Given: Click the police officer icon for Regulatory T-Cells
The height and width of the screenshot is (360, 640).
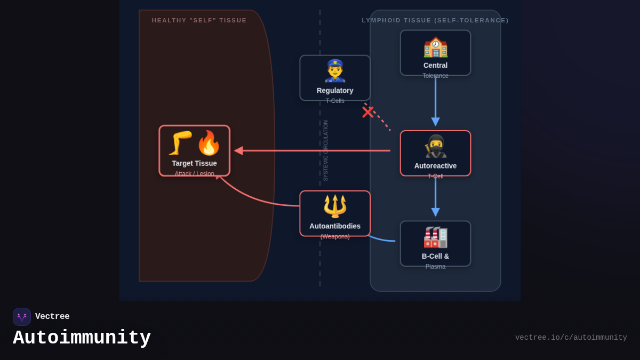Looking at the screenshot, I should [x=335, y=70].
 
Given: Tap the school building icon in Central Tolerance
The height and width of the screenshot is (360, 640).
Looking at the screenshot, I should [x=435, y=46].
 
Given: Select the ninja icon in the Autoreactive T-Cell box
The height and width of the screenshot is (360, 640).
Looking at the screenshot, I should [x=435, y=146].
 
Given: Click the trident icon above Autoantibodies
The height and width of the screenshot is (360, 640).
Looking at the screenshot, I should [x=335, y=206].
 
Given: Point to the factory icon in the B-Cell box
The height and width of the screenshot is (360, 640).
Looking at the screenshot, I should [x=435, y=237].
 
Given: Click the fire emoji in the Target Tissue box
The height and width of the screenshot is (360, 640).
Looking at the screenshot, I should [x=209, y=143].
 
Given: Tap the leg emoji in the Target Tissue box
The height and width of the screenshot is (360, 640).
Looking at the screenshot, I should [x=180, y=143].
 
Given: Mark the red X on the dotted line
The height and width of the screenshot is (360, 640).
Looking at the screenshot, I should [x=368, y=112].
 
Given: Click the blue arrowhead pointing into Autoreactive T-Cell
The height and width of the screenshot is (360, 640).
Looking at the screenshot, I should [x=435, y=122].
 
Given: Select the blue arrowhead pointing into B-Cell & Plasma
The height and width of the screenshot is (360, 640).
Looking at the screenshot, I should [x=435, y=212].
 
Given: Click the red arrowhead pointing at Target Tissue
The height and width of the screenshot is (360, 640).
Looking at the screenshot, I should [x=238, y=151].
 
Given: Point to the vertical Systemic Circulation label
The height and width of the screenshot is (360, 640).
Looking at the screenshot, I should [x=326, y=150].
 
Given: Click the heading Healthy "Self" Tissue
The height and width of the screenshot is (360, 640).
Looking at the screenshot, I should [x=199, y=20].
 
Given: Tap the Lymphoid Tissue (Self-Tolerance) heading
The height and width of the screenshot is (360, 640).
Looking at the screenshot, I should [x=435, y=20].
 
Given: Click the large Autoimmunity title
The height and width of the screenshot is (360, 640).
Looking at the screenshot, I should [x=82, y=338].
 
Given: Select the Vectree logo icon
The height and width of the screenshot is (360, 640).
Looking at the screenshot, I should [x=22, y=317].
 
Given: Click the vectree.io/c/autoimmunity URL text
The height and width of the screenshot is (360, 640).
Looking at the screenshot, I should [x=571, y=338].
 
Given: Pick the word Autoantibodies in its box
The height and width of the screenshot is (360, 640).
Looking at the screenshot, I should [x=335, y=226].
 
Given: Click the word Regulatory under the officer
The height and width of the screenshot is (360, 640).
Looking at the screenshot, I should [x=335, y=91].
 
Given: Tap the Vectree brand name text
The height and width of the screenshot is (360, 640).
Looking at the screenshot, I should [x=52, y=317].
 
